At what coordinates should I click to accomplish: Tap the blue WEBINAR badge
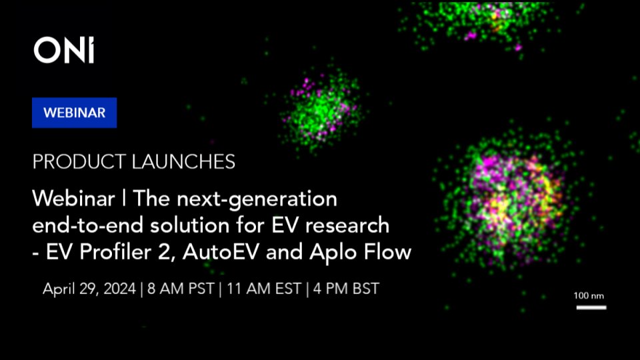(x=74, y=113)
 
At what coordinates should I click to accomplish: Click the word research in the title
(x=353, y=226)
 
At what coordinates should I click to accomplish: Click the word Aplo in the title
(x=323, y=253)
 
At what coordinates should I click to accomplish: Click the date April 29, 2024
(x=89, y=289)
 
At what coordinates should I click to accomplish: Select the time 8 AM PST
(x=179, y=289)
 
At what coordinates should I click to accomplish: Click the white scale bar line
(x=591, y=307)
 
